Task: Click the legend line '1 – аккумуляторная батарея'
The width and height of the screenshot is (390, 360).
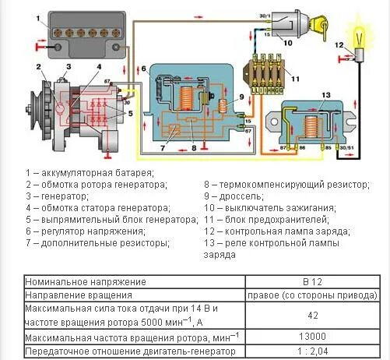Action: click(x=90, y=171)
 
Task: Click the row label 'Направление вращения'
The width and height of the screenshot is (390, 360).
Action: click(x=78, y=295)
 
